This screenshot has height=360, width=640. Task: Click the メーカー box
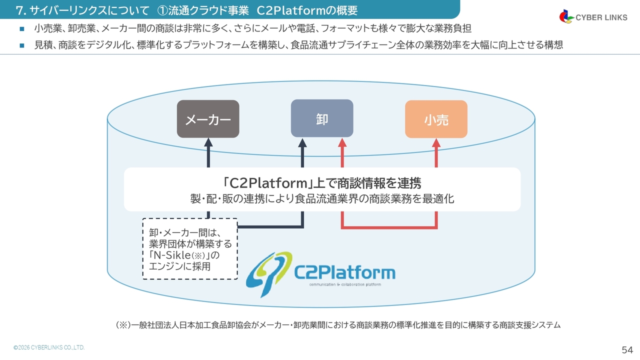(x=208, y=119)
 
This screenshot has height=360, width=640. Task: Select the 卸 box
(x=322, y=118)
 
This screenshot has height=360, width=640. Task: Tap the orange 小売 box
(x=436, y=119)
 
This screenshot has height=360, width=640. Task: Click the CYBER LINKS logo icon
(x=566, y=16)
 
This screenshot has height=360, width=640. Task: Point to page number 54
(x=627, y=349)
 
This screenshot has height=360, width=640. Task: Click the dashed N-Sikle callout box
(x=190, y=248)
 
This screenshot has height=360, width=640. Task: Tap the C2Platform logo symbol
(x=269, y=274)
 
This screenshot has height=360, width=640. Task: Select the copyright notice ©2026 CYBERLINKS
(x=49, y=347)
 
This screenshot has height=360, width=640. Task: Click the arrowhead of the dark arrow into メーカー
(x=208, y=142)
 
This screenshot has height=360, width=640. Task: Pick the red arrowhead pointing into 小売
(x=436, y=142)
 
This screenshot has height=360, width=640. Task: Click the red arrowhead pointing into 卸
(x=342, y=142)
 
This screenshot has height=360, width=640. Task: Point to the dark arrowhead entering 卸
(x=302, y=142)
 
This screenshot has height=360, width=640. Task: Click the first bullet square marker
(x=21, y=29)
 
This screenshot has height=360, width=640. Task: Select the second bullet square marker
(x=21, y=45)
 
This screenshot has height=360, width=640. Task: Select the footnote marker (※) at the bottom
(x=123, y=325)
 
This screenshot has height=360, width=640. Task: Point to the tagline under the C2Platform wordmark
(x=345, y=284)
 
